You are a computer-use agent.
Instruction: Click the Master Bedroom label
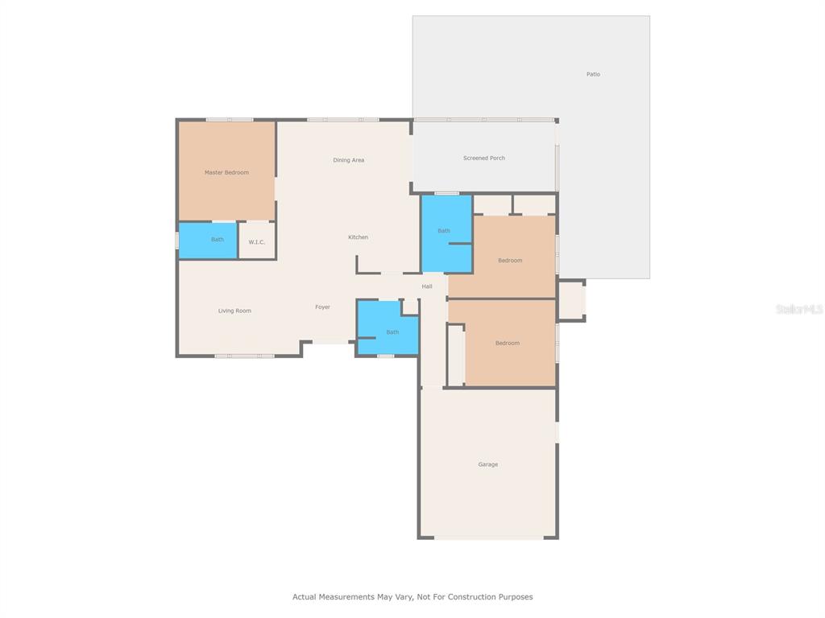click(x=226, y=172)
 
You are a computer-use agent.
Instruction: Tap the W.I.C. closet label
click(x=257, y=242)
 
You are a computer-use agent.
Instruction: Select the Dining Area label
click(x=348, y=160)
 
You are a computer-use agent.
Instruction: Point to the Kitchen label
click(x=359, y=237)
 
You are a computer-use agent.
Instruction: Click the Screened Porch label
click(x=484, y=159)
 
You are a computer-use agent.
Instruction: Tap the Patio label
click(x=593, y=74)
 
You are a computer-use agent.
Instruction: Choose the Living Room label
click(x=234, y=311)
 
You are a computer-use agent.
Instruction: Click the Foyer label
click(x=322, y=307)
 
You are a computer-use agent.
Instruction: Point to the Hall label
click(x=427, y=286)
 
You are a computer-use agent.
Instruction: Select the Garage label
click(x=487, y=464)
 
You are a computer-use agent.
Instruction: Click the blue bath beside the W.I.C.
click(x=208, y=241)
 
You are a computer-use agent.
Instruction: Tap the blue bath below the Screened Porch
click(x=446, y=234)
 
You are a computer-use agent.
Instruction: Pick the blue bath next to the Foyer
click(x=388, y=328)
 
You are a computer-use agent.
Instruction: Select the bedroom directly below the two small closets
click(x=509, y=257)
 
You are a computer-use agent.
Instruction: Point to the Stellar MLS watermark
click(x=799, y=309)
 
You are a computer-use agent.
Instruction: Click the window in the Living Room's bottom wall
click(x=245, y=356)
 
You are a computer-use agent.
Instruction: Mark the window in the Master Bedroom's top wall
click(x=230, y=120)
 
